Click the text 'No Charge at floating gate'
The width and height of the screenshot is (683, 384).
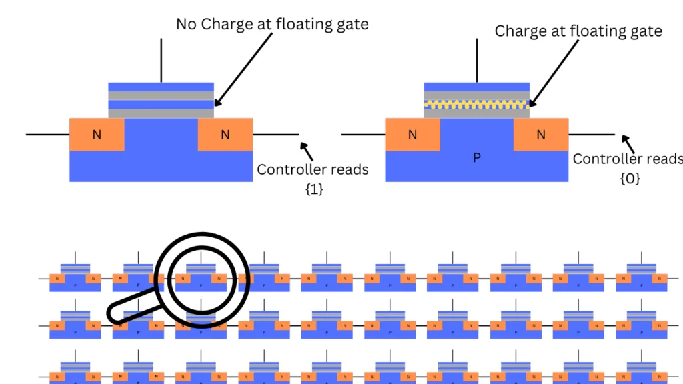pos(272,24)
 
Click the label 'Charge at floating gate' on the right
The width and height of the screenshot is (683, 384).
pos(578,31)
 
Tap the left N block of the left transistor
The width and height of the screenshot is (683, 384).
pos(97,135)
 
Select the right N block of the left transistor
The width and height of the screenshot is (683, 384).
pos(225,135)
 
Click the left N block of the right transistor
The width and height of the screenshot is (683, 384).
pos(412,135)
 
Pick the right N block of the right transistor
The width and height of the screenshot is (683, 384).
pos(540,135)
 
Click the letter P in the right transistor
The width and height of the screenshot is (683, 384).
pos(476,158)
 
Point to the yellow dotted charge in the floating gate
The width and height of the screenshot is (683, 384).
pos(477,105)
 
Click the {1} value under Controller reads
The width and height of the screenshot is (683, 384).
pos(313,189)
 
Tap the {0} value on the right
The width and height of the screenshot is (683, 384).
pos(630,178)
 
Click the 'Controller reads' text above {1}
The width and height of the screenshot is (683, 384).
pos(313,169)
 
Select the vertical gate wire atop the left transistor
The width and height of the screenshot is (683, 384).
pos(161,60)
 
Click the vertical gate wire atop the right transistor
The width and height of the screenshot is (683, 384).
pos(476,60)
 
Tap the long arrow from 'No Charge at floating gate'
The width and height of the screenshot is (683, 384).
pos(244,67)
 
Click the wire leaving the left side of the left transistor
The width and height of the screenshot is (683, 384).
pos(47,135)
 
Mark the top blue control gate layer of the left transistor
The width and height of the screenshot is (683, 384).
pos(161,87)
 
